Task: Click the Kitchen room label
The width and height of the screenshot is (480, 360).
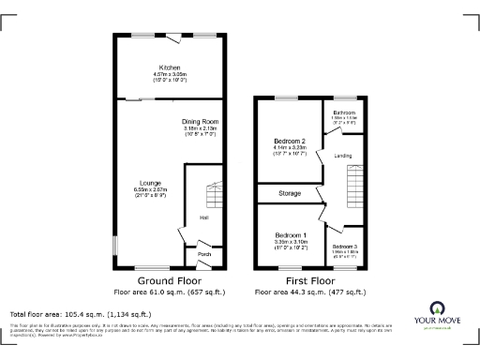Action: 170,68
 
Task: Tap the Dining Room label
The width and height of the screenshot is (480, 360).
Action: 199,122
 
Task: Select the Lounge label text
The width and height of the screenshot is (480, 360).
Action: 150,183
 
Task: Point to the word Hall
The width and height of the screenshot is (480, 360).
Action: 203,219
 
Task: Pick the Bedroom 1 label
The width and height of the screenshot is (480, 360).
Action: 291,234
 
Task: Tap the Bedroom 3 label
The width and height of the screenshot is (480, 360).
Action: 345,246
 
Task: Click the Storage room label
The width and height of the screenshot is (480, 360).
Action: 290,194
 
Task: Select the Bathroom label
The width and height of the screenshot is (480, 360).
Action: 345,112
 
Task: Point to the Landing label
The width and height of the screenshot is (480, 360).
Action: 343,155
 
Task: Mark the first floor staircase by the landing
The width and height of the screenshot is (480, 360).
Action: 353,178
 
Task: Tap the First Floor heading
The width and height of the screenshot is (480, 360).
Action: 309,280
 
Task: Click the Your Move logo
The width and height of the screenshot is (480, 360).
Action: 437,314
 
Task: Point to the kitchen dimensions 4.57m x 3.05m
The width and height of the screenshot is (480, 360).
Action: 170,75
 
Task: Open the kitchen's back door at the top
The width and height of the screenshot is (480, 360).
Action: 175,37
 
